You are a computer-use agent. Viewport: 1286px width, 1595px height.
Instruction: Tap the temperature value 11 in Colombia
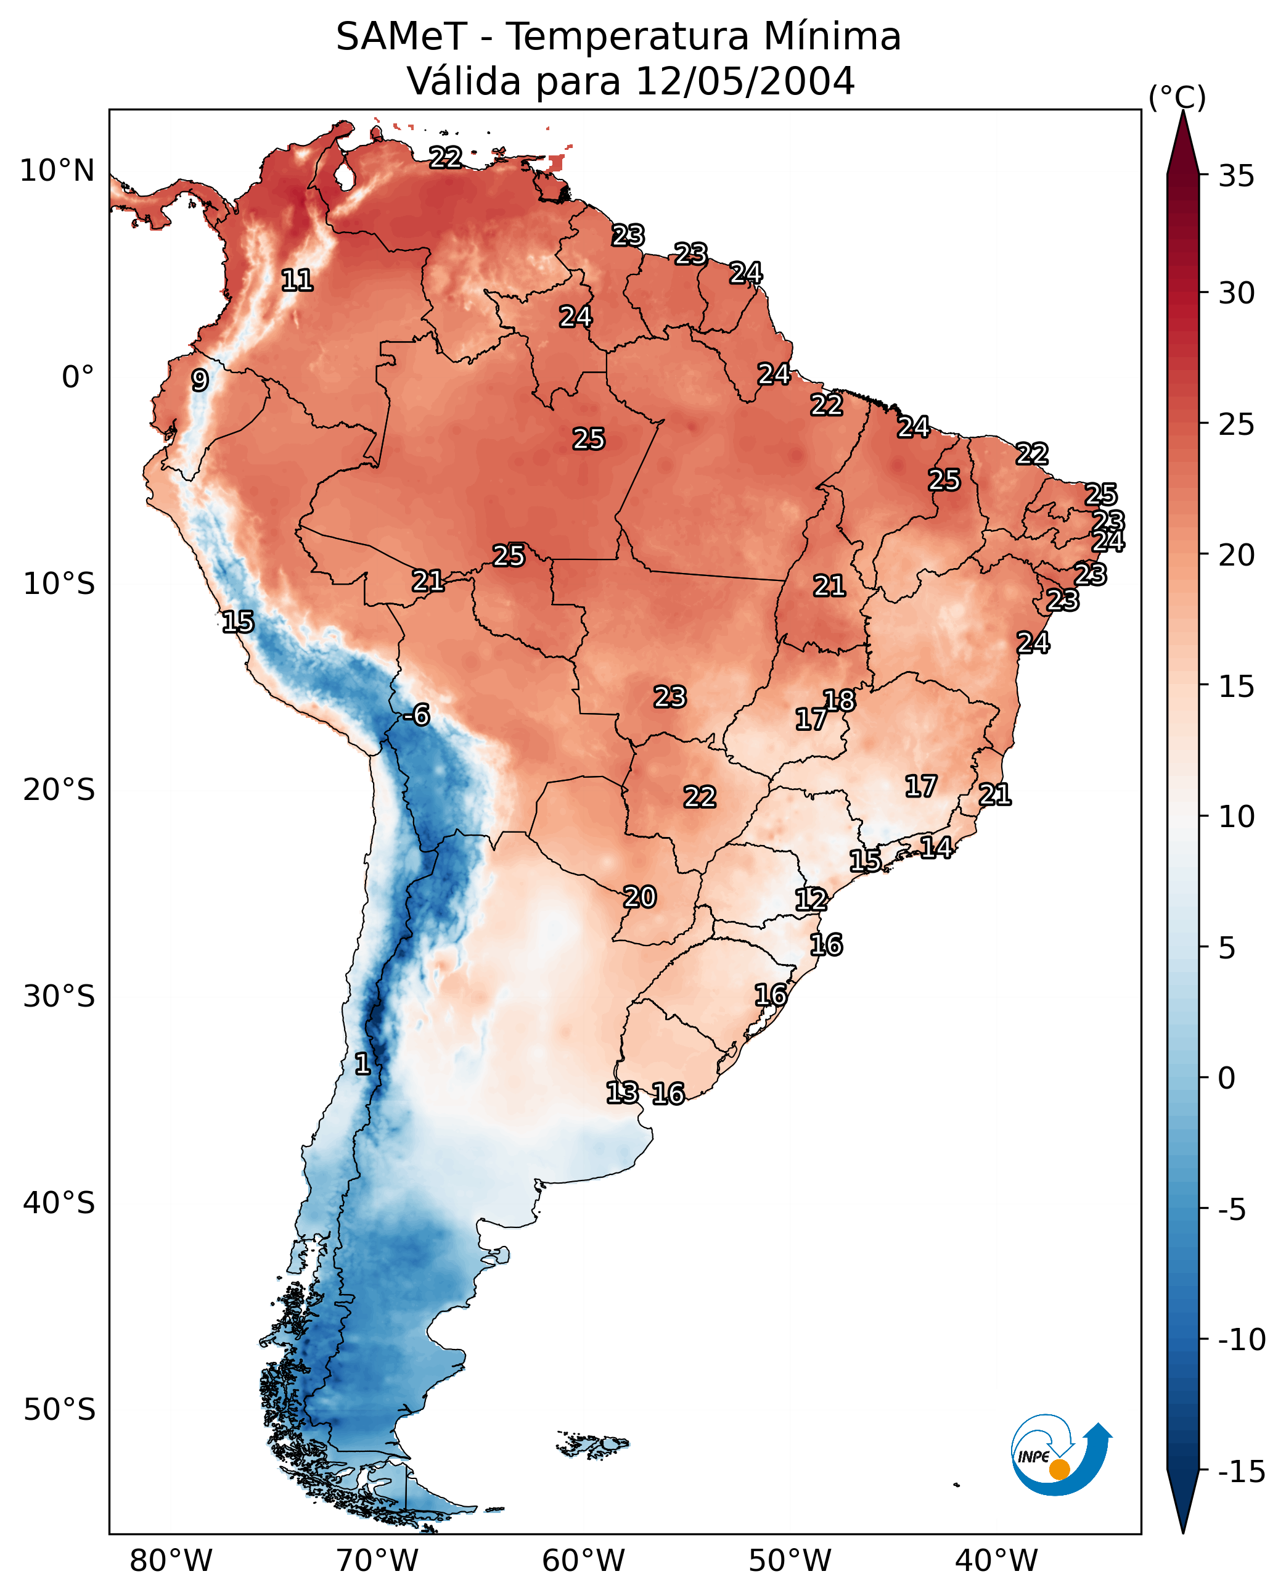coord(297,280)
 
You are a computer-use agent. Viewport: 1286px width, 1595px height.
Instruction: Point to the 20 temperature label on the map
coord(639,897)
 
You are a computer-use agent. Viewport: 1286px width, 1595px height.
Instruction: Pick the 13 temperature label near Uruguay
coord(622,1092)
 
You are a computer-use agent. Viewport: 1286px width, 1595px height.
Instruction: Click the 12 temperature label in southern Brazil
coord(811,899)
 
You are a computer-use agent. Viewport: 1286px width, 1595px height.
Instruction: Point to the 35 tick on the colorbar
coord(1236,176)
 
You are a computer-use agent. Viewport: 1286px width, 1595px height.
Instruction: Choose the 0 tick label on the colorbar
coord(1227,1078)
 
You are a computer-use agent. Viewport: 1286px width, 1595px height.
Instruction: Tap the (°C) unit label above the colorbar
coord(1177,97)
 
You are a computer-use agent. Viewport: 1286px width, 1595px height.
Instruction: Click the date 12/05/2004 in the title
coord(745,81)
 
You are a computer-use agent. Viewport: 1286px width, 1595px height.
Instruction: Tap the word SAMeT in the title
coord(401,36)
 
